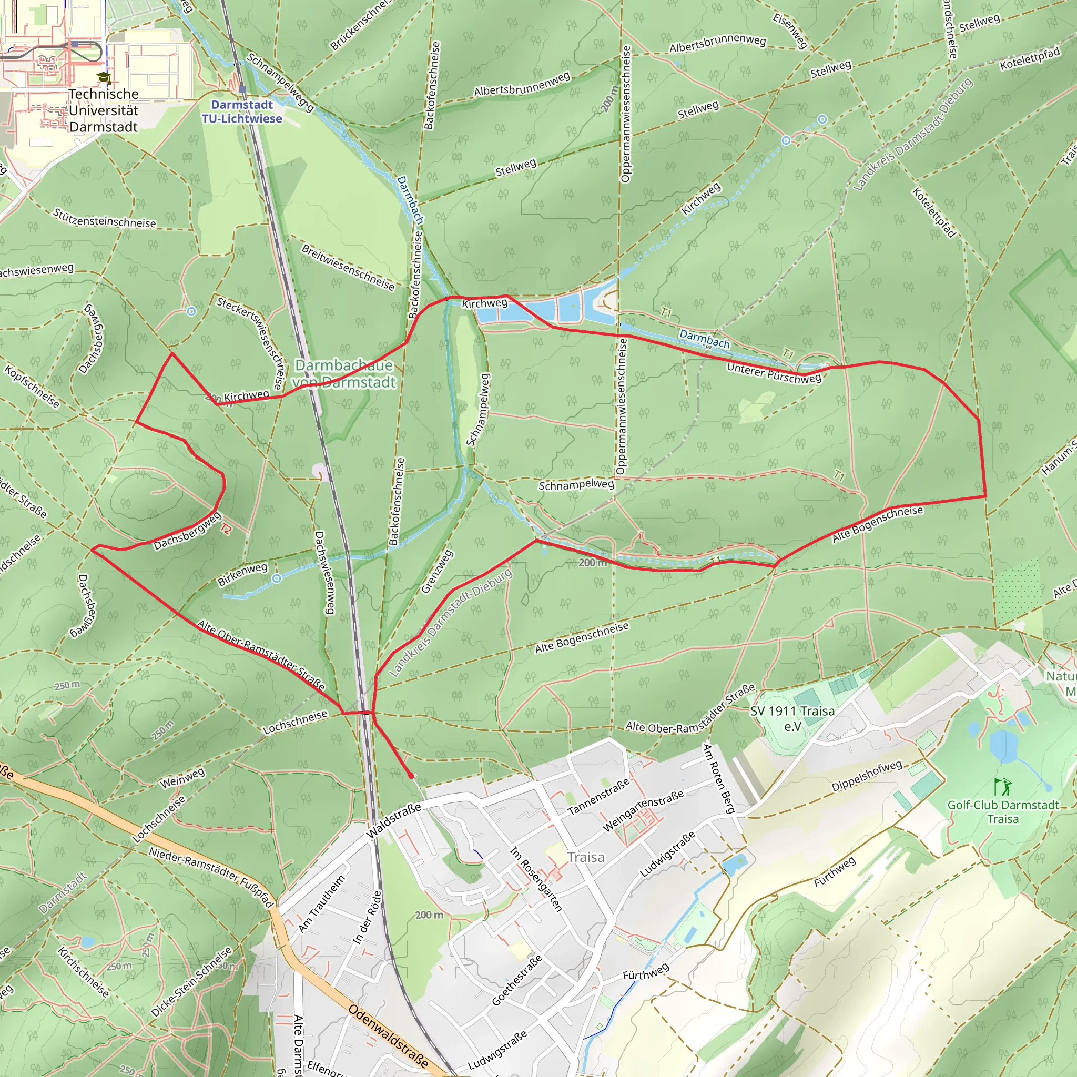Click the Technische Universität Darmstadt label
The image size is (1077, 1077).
(x=103, y=110)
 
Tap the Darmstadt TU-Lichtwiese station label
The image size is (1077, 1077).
(x=242, y=111)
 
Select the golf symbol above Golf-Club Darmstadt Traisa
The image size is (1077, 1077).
(x=1003, y=787)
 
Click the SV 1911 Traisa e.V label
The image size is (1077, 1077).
(x=792, y=718)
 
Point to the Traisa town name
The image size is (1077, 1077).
(x=586, y=857)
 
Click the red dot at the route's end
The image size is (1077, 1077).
(x=411, y=776)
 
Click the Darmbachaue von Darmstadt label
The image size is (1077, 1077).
(x=344, y=373)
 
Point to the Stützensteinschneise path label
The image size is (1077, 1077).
(x=104, y=218)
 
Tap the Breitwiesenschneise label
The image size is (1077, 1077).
(x=348, y=267)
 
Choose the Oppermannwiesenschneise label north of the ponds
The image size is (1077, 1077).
(x=625, y=114)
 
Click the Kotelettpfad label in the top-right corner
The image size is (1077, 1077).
(x=1030, y=59)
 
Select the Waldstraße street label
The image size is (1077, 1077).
(x=393, y=820)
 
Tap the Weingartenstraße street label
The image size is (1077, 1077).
(x=643, y=810)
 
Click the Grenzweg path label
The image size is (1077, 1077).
(x=438, y=572)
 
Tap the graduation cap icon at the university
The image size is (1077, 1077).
(x=104, y=77)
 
